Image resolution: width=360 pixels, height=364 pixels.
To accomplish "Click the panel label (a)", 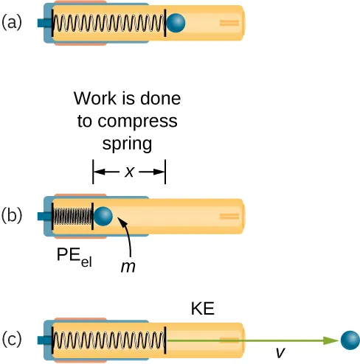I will click(x=13, y=23).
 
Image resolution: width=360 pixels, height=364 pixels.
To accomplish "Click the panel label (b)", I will click(x=13, y=216).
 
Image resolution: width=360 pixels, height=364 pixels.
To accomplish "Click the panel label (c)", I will click(x=13, y=340).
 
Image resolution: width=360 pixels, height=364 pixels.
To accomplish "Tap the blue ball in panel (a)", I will click(x=176, y=24).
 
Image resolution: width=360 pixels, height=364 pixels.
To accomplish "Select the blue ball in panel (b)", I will click(x=103, y=217).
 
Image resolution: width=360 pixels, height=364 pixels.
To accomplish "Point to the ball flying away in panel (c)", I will click(x=350, y=340).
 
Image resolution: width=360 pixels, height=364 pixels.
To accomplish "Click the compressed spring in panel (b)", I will click(x=73, y=217).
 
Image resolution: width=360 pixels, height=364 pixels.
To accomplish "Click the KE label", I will click(x=201, y=309).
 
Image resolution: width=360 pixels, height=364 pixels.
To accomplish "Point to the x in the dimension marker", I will click(x=129, y=172).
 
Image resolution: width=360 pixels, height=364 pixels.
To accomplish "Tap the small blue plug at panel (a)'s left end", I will click(x=42, y=24).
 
